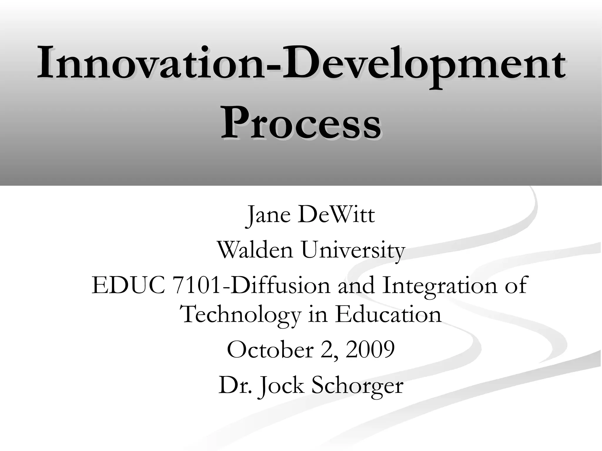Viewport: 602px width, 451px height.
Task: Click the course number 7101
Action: (x=197, y=285)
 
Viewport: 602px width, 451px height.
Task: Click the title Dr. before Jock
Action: (x=235, y=385)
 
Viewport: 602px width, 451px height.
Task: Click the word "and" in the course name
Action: (x=356, y=285)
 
